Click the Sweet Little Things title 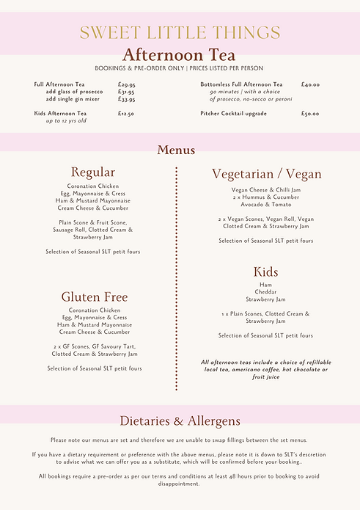coord(180,32)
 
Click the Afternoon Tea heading coord(180,55)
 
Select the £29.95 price coord(126,85)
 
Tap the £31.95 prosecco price coord(126,92)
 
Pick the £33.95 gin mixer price coord(126,99)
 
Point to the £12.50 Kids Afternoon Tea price coord(125,114)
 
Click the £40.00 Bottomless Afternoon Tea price coord(309,85)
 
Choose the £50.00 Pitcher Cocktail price coord(309,114)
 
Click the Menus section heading coord(176,150)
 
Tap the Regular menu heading coord(93,172)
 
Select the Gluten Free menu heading coord(94,297)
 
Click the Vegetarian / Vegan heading coord(266,174)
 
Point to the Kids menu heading coord(265,272)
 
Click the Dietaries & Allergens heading coord(180,421)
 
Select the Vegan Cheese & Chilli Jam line coord(265,190)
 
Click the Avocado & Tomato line coord(265,205)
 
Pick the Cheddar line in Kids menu coord(265,292)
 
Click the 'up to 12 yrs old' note coord(65,120)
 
